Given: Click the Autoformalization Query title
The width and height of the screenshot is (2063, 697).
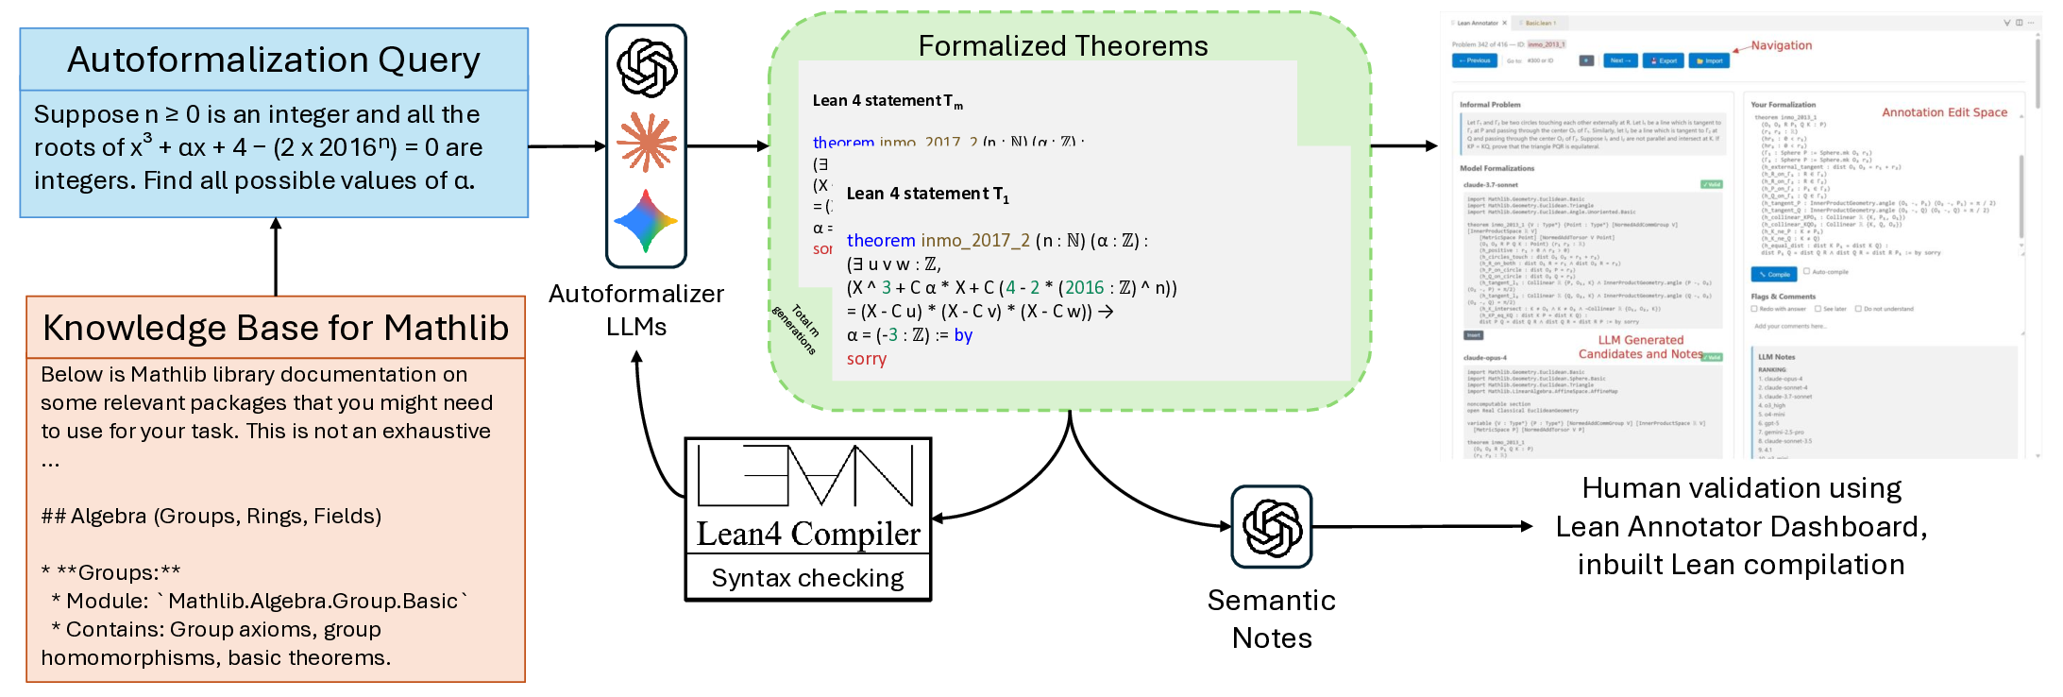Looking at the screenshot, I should tap(274, 60).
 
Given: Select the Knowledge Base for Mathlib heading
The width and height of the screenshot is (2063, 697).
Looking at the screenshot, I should tap(276, 328).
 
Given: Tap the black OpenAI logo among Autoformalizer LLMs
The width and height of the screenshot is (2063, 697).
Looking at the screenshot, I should tap(647, 68).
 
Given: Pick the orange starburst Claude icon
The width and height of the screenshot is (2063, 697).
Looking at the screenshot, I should tap(647, 143).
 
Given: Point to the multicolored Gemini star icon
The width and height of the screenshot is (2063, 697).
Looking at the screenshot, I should tap(646, 221).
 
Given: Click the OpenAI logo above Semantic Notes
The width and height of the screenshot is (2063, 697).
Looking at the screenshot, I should tap(1272, 527).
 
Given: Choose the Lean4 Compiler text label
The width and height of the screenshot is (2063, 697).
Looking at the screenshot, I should tap(808, 534).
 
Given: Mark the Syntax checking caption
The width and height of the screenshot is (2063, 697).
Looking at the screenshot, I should tap(807, 578).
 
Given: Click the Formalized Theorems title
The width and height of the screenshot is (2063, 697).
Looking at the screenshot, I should tap(1063, 46).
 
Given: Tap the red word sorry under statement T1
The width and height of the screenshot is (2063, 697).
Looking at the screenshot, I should tap(867, 359).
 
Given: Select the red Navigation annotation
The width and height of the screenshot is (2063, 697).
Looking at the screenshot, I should tap(1782, 45).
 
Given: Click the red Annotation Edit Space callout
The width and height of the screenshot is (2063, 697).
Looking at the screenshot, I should tap(1944, 112).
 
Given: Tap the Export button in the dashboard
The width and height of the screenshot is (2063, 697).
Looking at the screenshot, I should tap(1664, 60).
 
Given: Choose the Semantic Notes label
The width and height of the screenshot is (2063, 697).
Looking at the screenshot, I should tap(1272, 619).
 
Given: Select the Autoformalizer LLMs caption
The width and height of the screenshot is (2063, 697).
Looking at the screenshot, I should tap(636, 310).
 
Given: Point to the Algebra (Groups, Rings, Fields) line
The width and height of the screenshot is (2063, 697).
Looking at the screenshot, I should tap(211, 516).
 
